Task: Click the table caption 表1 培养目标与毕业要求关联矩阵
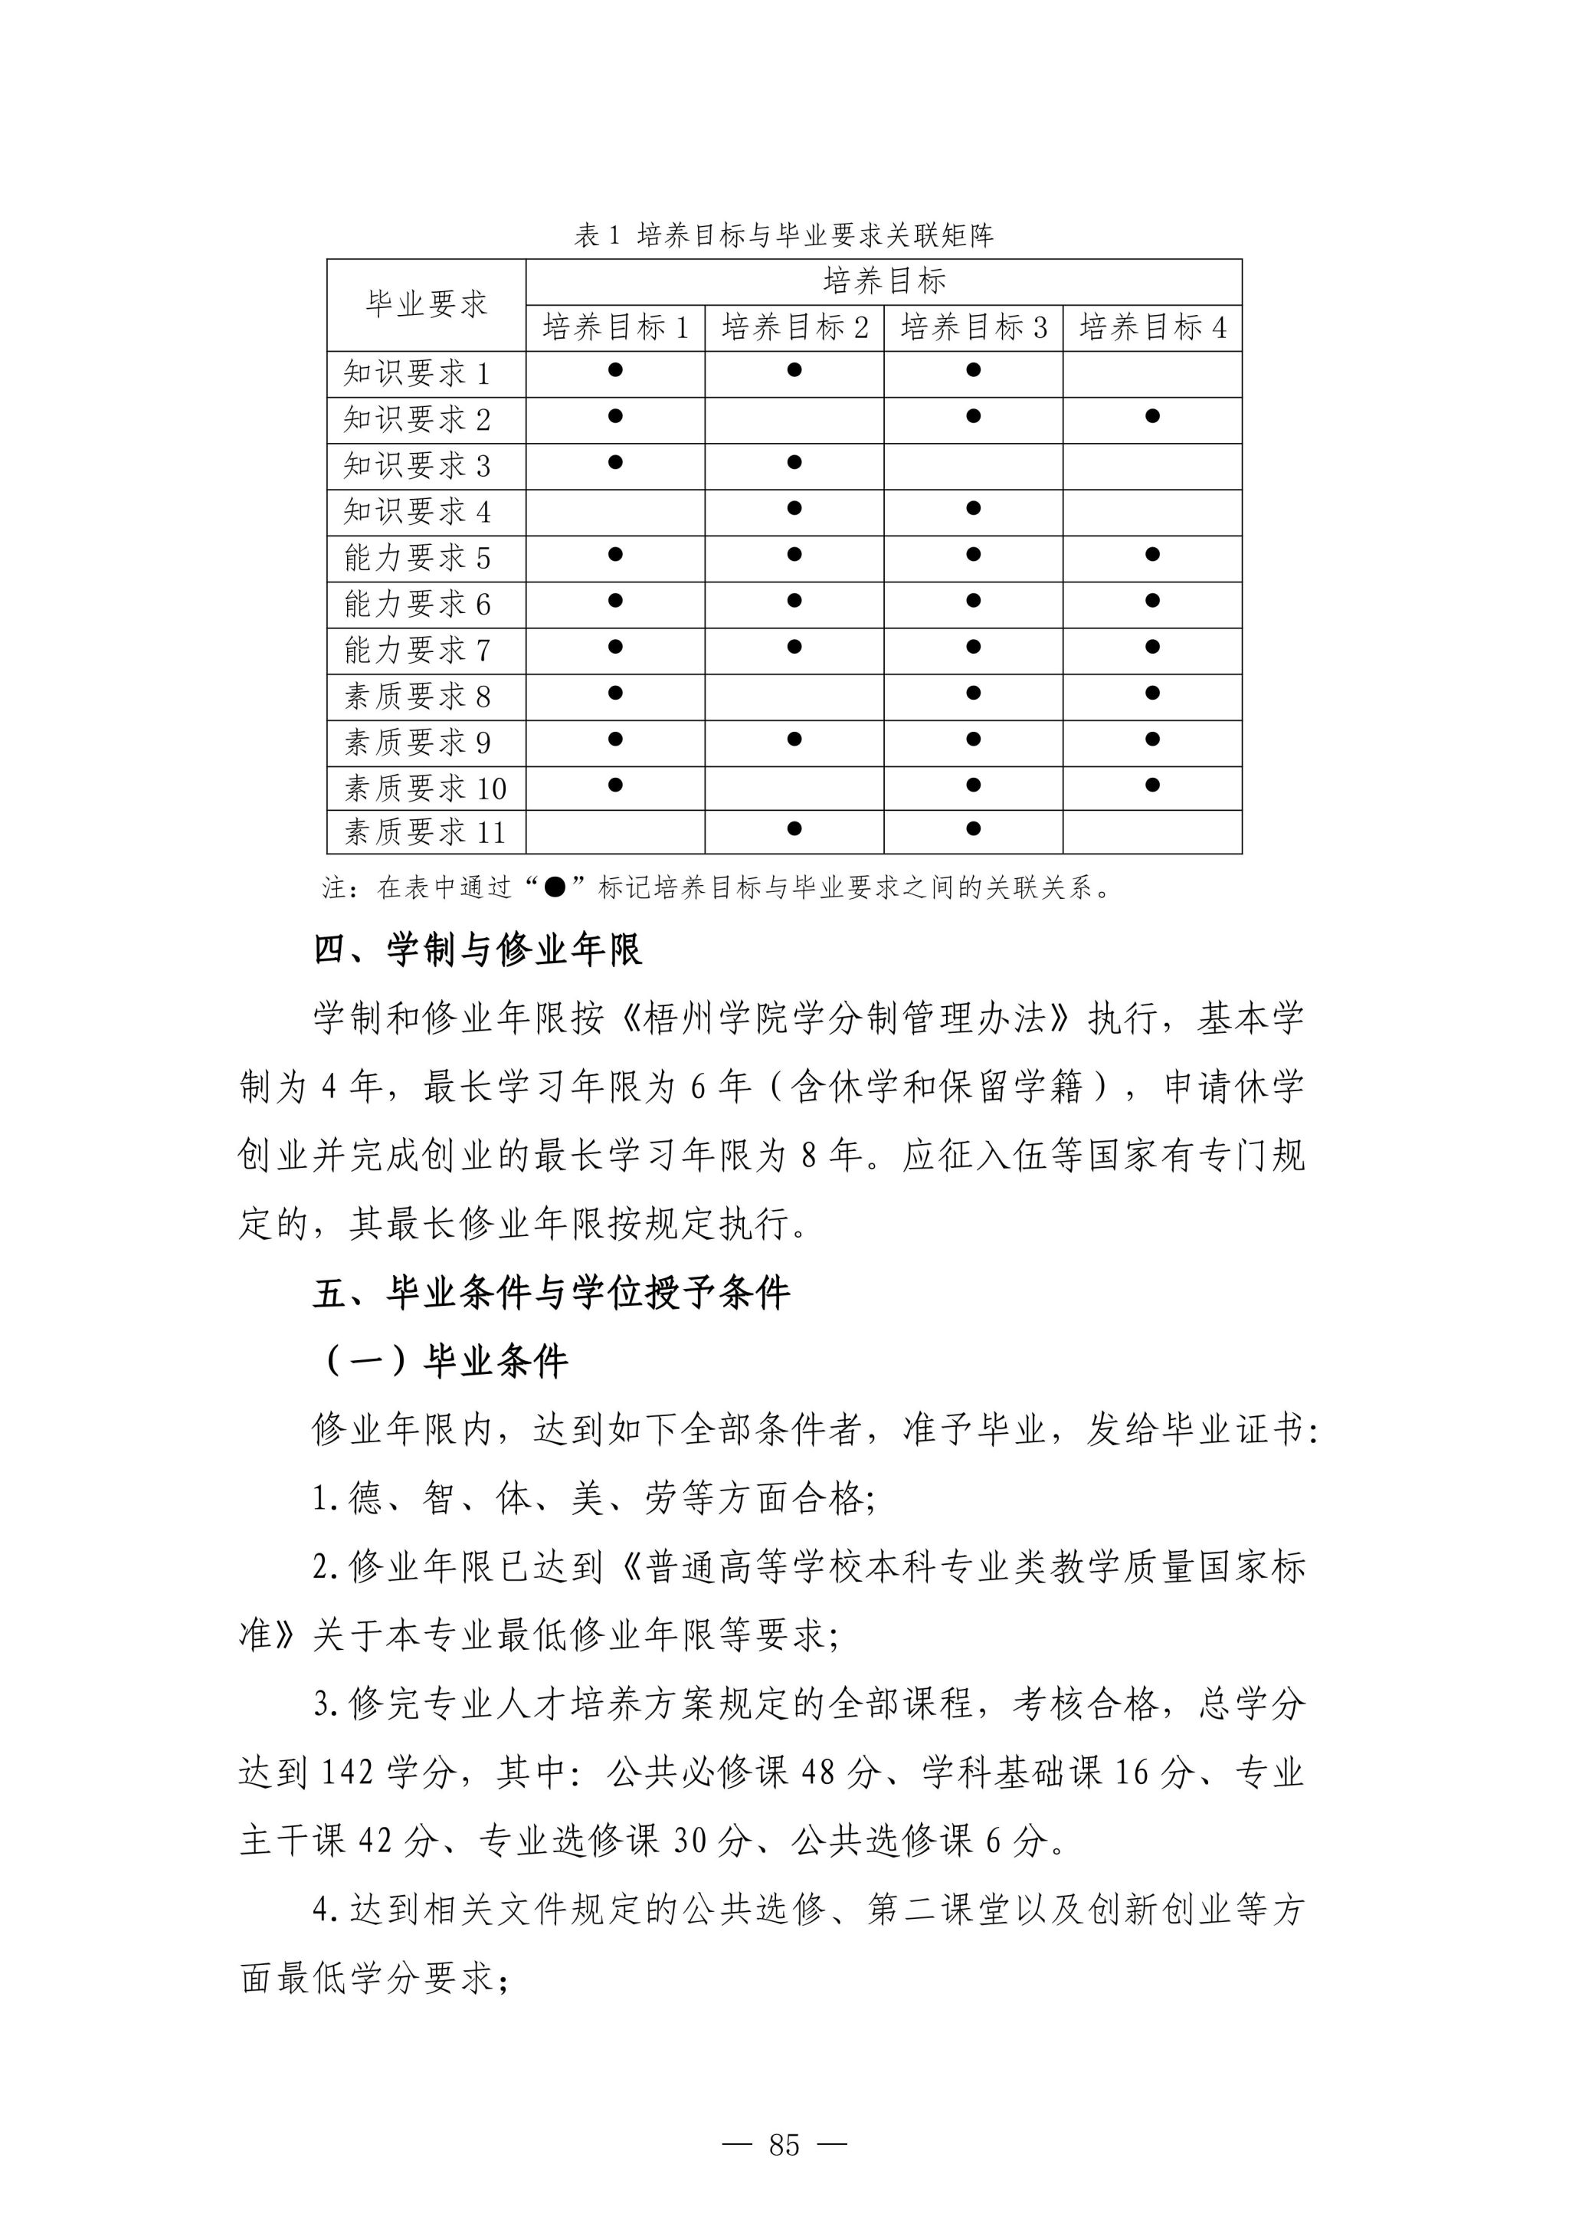pos(784,235)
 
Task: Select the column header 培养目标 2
pos(794,328)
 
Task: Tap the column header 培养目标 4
pos(1152,328)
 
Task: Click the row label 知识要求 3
pos(418,466)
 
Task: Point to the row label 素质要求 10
pos(425,788)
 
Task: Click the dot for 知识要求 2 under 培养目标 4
pos(1152,417)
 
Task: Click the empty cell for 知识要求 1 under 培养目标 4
pos(1152,373)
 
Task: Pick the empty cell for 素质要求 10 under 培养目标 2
pos(794,787)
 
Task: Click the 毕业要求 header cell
pos(426,304)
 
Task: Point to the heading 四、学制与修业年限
pos(477,949)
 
